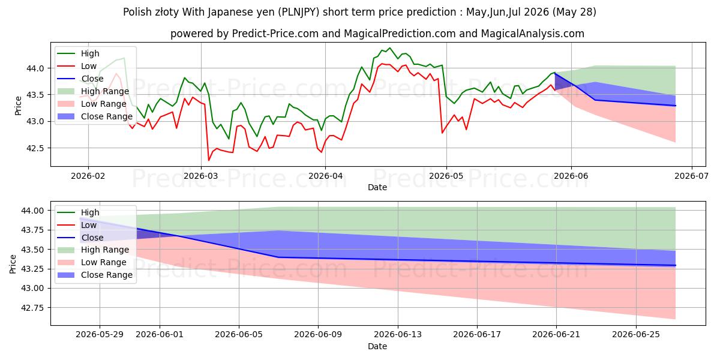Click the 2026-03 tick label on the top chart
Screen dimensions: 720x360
pos(200,176)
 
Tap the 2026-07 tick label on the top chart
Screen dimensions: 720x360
pos(691,176)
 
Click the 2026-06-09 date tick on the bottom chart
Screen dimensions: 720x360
pos(318,335)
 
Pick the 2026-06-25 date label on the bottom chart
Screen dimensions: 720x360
pos(636,335)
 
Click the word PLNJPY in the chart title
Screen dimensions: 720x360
pos(299,12)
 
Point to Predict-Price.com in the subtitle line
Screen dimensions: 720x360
pos(275,34)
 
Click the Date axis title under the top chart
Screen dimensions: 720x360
pos(377,187)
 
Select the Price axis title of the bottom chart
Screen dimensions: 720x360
pos(13,264)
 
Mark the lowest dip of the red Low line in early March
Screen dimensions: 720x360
pos(209,160)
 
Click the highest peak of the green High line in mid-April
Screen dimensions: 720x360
pos(390,48)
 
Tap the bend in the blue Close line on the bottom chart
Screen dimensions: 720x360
pos(278,257)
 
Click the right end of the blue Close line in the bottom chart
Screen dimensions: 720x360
pos(676,265)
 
